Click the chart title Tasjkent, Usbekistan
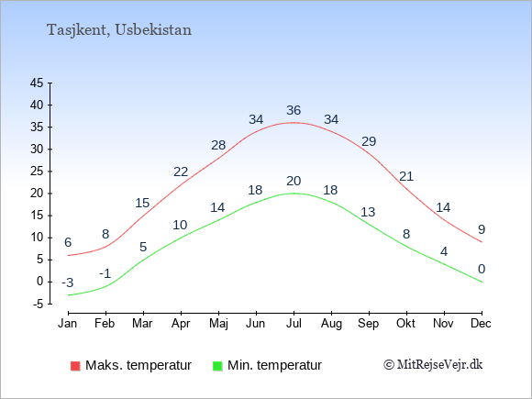119,30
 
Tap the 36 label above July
294,110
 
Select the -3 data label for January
68,283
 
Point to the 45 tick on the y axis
37,83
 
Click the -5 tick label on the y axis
38,304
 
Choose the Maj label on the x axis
218,324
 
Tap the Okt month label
405,324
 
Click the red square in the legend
75,366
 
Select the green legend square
217,366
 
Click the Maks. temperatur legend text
139,365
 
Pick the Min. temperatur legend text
274,365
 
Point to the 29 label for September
369,141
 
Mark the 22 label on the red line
181,172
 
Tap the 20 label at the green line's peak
294,181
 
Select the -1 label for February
105,273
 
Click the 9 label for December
482,229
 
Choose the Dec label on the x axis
482,324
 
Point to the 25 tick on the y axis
37,171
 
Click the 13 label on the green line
368,212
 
